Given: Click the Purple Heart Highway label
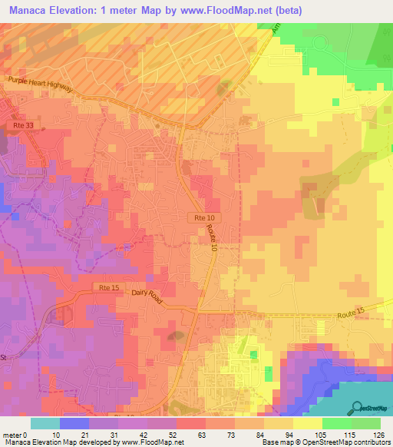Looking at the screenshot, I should (40, 84).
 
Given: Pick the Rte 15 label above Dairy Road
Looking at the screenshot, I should (107, 287).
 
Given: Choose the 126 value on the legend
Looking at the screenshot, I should (379, 434).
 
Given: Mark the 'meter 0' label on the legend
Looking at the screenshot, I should (16, 434).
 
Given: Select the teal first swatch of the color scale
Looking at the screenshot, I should (45, 423).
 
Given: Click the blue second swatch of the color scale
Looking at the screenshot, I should (74, 423).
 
